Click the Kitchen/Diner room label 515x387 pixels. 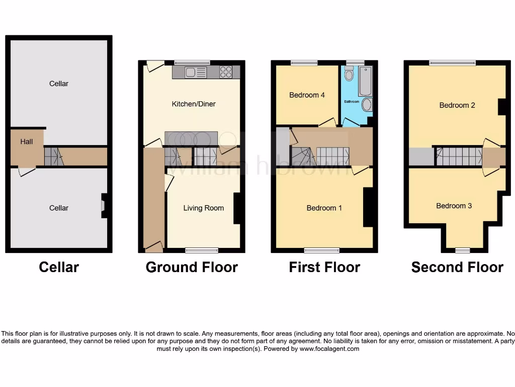click(194, 104)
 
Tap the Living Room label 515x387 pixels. click(203, 208)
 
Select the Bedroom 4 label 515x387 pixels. click(307, 95)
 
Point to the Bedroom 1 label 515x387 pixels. click(324, 208)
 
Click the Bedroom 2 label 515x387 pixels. click(457, 105)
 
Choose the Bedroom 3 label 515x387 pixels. click(454, 206)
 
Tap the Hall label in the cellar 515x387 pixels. click(27, 142)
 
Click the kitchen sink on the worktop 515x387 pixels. click(190, 73)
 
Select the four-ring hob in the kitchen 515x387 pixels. click(226, 73)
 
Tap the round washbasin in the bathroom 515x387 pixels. click(367, 105)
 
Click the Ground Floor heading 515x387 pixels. click(192, 267)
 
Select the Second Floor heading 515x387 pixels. click(457, 267)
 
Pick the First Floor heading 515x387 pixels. click(324, 267)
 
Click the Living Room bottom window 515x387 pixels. click(202, 250)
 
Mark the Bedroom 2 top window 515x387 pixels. click(452, 63)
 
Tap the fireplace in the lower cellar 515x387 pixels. click(104, 206)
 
